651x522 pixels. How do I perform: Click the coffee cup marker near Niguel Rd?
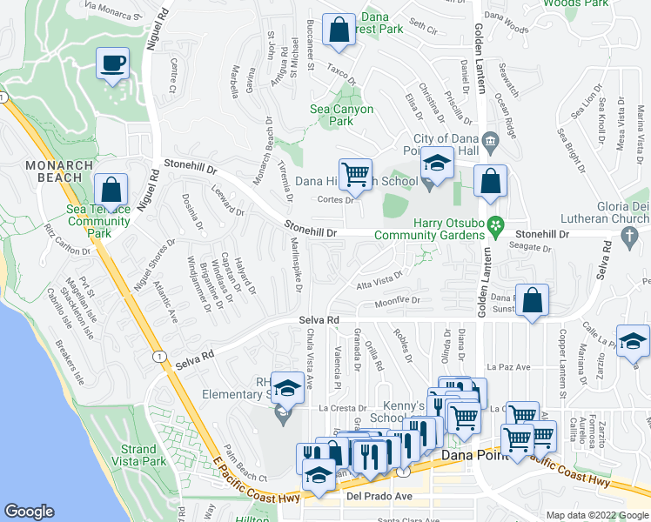pos(112,64)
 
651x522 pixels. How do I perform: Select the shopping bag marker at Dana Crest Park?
pos(339,30)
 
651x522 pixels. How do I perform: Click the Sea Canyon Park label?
pos(342,115)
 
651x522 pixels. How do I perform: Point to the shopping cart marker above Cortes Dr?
pos(355,174)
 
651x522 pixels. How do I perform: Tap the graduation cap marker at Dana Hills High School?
pos(437,162)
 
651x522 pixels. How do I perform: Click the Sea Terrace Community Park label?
pos(97,221)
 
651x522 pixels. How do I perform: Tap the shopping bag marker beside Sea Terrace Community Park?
pos(111,189)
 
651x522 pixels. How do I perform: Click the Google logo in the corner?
pos(29,512)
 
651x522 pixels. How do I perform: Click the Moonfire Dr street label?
pos(397,302)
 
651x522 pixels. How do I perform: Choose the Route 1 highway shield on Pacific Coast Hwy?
pos(158,357)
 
